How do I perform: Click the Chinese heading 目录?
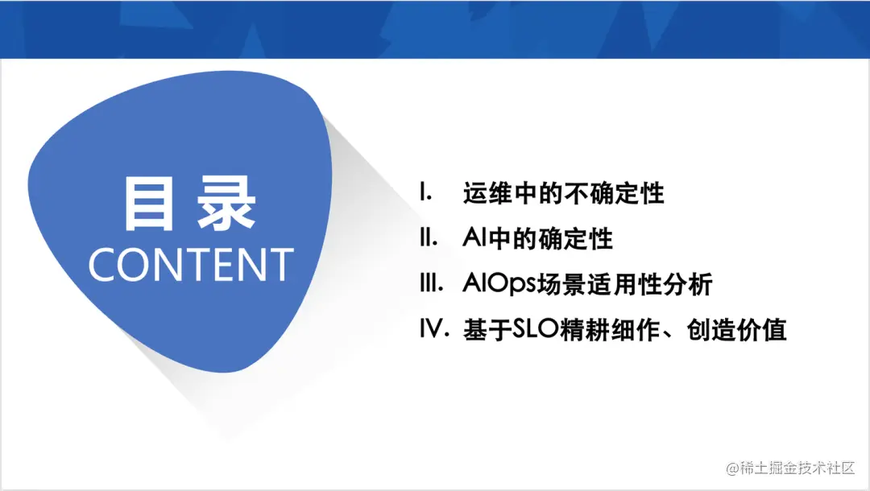click(x=189, y=204)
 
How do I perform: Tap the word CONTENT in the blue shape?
click(x=191, y=265)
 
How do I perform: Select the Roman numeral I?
click(x=426, y=193)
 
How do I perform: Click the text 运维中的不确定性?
click(x=564, y=193)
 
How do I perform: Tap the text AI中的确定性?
click(x=538, y=238)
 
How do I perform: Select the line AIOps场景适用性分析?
click(x=588, y=283)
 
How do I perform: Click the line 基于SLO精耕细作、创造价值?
click(x=625, y=329)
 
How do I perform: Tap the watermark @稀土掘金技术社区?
click(x=790, y=467)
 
